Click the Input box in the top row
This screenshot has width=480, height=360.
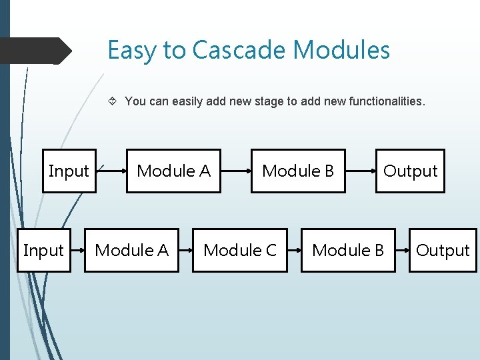point(69,171)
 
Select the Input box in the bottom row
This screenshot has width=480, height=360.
point(43,251)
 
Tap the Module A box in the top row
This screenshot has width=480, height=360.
point(173,171)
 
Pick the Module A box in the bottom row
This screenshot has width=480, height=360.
point(131,251)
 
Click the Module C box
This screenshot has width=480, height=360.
point(239,251)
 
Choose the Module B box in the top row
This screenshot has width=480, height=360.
point(298,171)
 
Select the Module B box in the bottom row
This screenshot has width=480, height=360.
point(348,251)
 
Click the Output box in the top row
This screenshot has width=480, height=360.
point(410,171)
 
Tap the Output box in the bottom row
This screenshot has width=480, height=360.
point(443,251)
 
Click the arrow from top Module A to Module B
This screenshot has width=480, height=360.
point(236,171)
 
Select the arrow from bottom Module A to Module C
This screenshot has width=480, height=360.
point(186,251)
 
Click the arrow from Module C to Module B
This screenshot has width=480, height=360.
point(294,251)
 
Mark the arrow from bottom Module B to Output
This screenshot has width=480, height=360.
point(402,251)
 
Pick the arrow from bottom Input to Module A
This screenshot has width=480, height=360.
point(78,251)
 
